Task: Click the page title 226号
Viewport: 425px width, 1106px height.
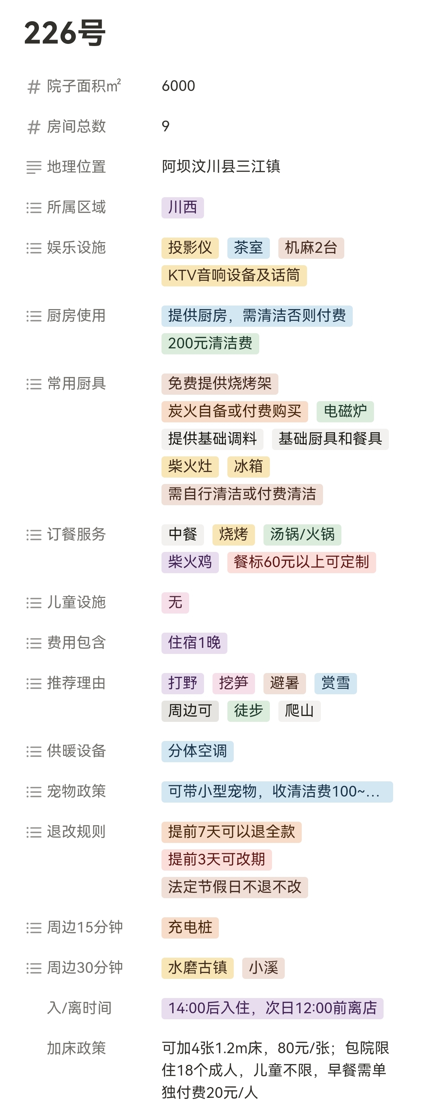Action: (x=65, y=33)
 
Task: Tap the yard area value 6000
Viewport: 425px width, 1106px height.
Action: (x=178, y=86)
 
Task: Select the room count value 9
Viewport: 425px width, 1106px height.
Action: (x=166, y=126)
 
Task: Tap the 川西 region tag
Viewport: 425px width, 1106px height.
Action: (x=182, y=208)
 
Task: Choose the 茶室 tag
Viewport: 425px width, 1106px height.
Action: (x=248, y=248)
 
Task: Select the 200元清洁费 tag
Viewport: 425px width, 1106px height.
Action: (x=210, y=343)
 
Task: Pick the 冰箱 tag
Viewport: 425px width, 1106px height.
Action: (x=248, y=467)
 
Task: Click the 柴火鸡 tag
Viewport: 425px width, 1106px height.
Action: (x=190, y=562)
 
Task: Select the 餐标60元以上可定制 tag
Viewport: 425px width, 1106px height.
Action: (x=301, y=562)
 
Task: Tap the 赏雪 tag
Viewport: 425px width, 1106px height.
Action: (x=335, y=683)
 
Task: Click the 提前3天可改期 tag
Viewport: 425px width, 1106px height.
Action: (x=216, y=860)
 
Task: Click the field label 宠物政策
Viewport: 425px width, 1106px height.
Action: (x=76, y=791)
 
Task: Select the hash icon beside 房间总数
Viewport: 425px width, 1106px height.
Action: (x=34, y=127)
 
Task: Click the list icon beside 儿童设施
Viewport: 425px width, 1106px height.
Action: (x=34, y=603)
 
